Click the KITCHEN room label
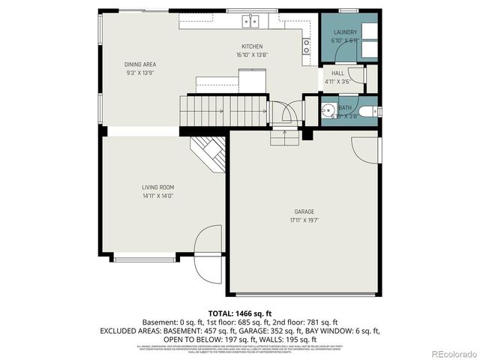click(x=252, y=46)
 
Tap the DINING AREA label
click(x=139, y=64)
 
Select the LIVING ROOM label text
click(x=158, y=187)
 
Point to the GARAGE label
click(x=304, y=211)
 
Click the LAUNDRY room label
click(x=345, y=33)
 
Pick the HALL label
click(x=337, y=73)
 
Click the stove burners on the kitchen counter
click(x=306, y=47)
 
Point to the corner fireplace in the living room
click(x=210, y=152)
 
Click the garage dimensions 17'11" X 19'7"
click(x=304, y=220)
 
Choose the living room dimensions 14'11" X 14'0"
click(x=158, y=196)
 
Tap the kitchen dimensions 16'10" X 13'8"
click(x=252, y=55)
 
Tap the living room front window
click(x=145, y=259)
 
